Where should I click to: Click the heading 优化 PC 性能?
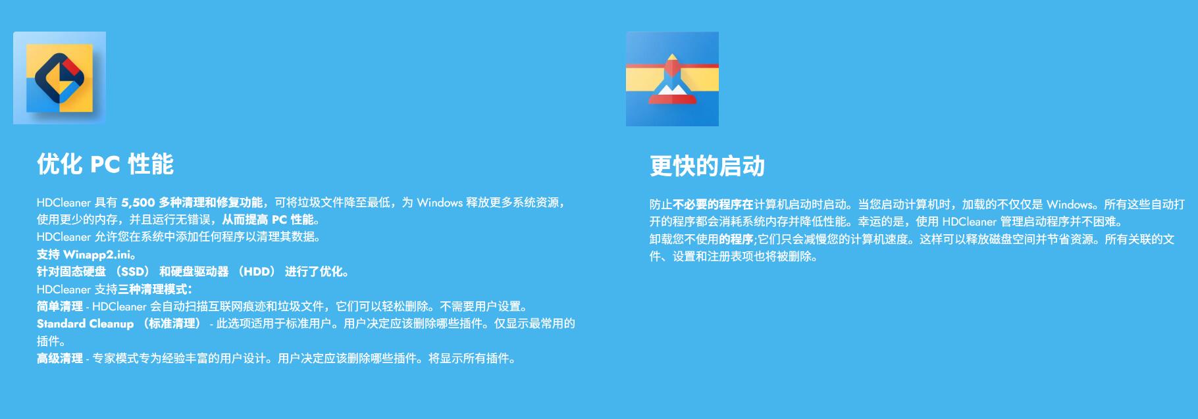105,164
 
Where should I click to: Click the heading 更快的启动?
707,166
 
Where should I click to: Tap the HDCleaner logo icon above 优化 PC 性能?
59,78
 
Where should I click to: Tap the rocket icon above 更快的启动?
672,79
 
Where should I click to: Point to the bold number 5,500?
138,203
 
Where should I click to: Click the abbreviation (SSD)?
132,272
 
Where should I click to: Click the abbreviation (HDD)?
257,272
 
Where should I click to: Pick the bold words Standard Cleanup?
85,324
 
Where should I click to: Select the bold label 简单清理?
60,307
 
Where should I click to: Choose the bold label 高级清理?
60,358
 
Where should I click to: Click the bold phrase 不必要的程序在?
713,205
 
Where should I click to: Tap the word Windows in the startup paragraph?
1070,205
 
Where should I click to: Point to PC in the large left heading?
105,164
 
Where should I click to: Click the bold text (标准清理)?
172,324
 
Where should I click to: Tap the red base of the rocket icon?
672,99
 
